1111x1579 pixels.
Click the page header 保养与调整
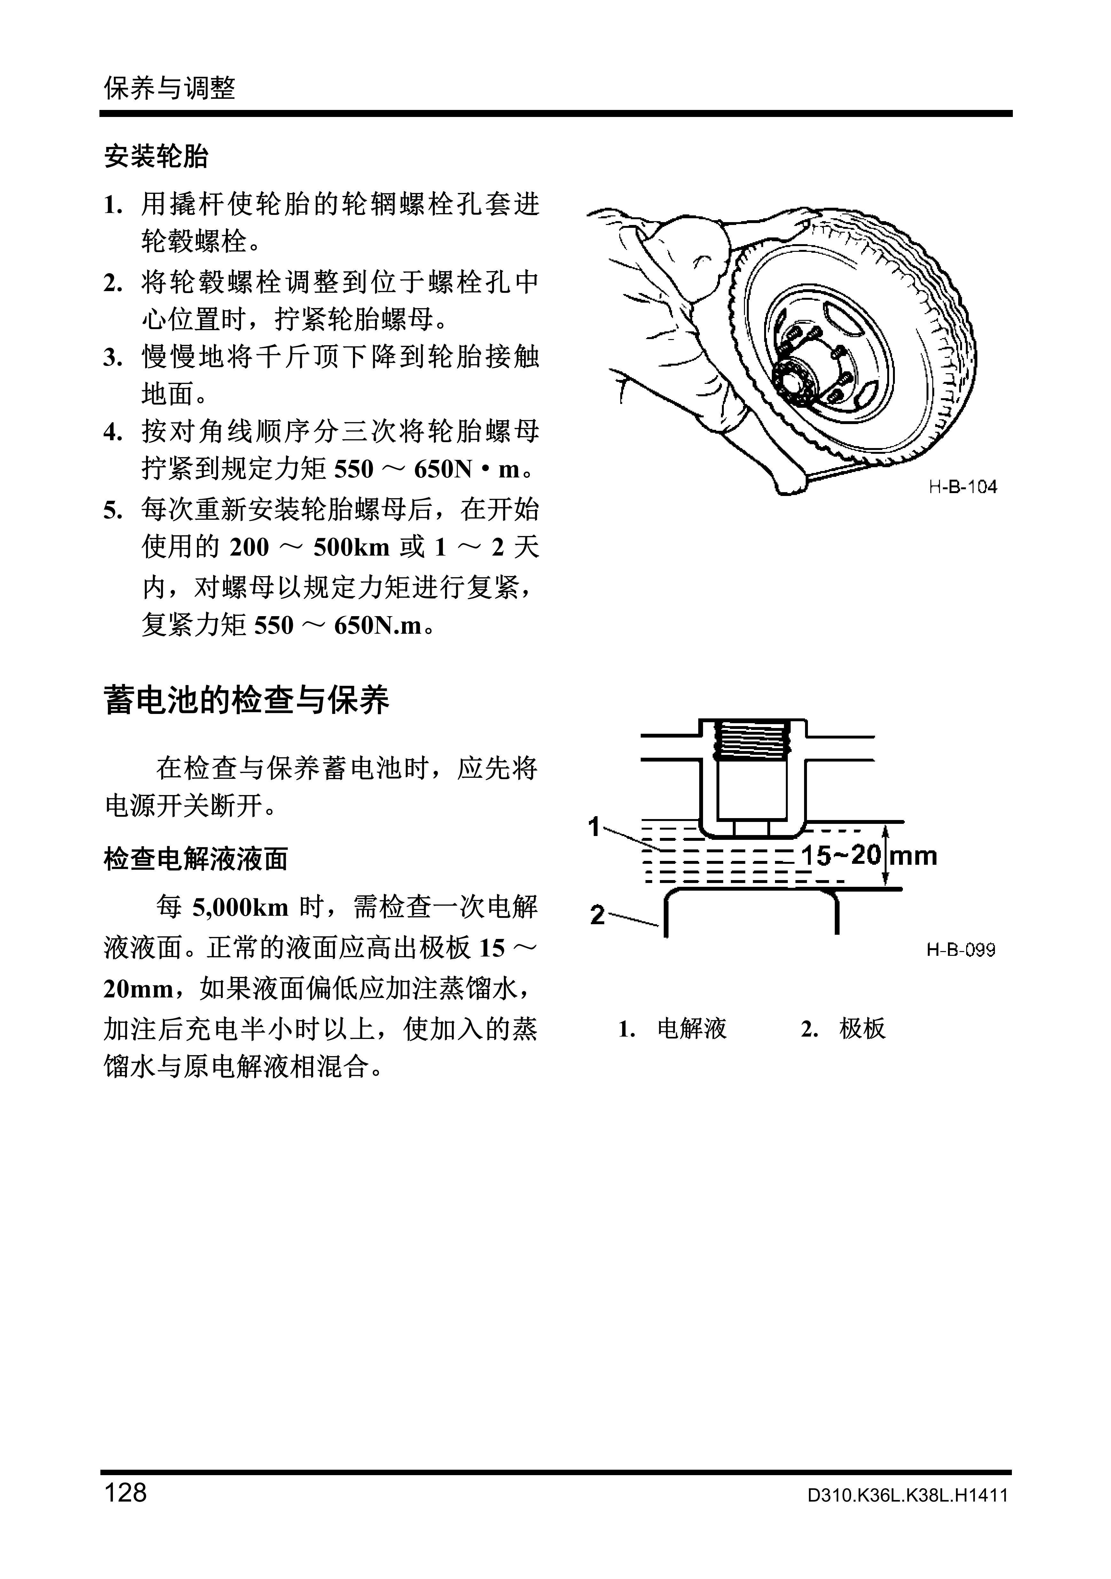click(x=169, y=88)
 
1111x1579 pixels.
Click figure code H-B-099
click(x=960, y=950)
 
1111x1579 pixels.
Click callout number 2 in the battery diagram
click(x=597, y=915)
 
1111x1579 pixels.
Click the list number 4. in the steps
click(x=113, y=433)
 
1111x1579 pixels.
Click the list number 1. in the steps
click(x=113, y=205)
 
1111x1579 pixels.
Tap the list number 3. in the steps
click(x=113, y=358)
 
